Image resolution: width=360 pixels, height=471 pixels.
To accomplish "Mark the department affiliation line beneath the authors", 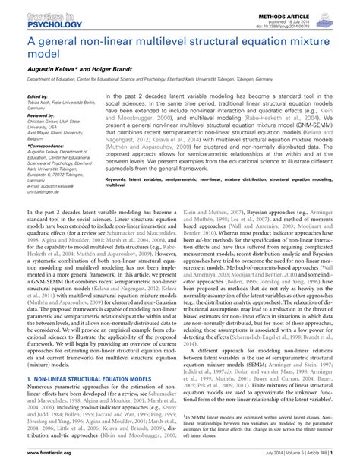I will (x=178, y=78).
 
